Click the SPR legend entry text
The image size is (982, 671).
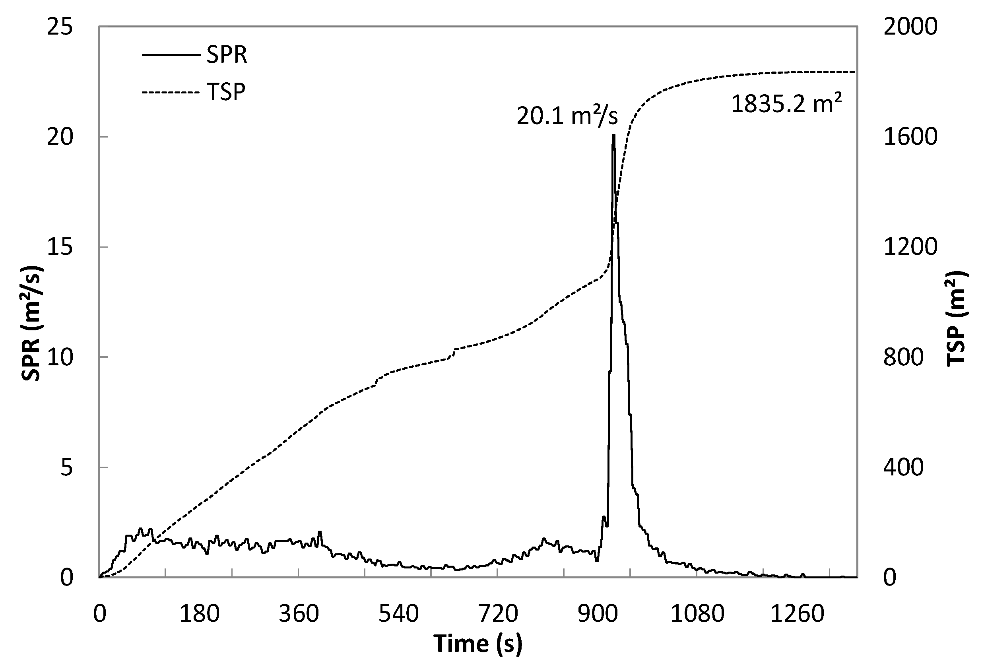click(x=227, y=55)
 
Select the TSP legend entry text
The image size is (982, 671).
click(x=226, y=91)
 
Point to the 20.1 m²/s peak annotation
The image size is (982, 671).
click(x=567, y=115)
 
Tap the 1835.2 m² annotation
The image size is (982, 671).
click(x=786, y=104)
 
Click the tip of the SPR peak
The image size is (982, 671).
click(x=613, y=135)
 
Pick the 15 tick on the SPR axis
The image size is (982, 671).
click(x=60, y=247)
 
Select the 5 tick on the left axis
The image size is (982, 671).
click(x=66, y=468)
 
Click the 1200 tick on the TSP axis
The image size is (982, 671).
click(x=910, y=247)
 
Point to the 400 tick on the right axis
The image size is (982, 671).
click(x=903, y=468)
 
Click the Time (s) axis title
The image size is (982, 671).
click(x=478, y=644)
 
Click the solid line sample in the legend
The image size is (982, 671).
click(x=170, y=55)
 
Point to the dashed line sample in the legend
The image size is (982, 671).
click(x=170, y=92)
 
